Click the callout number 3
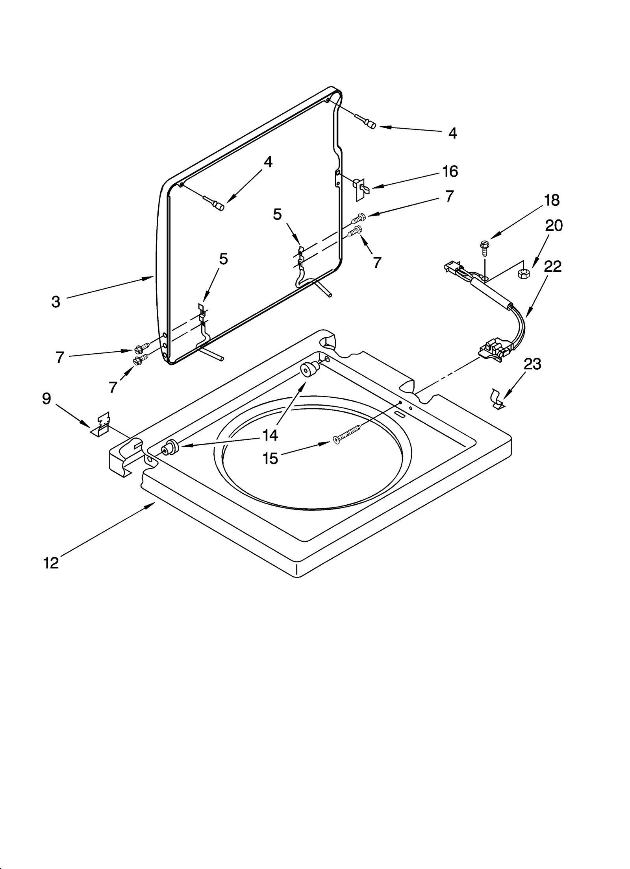(56, 302)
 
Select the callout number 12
(51, 563)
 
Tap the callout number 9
(46, 399)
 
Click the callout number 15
(271, 459)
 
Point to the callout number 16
(450, 172)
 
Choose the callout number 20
(554, 226)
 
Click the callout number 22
(552, 267)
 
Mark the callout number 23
(532, 364)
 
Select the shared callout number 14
(271, 435)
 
